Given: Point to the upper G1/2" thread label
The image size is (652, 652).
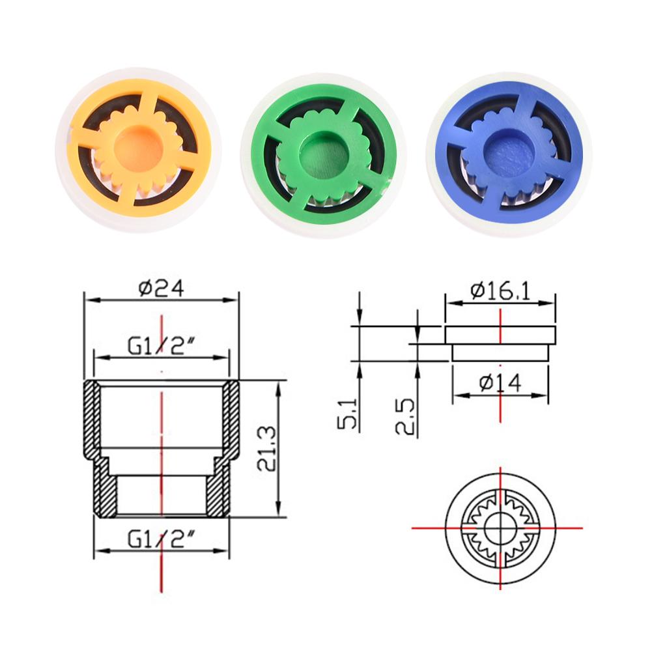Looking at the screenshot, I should [x=161, y=345].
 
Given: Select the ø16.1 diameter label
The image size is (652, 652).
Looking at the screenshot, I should [x=500, y=289].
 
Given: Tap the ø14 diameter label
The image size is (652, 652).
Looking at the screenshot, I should [x=500, y=384].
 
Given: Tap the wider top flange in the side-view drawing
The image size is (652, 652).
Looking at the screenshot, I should [x=500, y=335].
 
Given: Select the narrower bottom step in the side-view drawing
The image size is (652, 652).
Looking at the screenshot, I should [x=500, y=352].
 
